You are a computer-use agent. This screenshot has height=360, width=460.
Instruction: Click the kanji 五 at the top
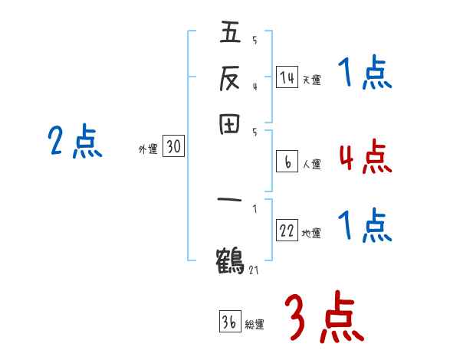(230, 34)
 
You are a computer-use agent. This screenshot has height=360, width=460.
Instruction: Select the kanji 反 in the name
(230, 78)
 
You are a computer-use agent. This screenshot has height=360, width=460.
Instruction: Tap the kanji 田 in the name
(230, 125)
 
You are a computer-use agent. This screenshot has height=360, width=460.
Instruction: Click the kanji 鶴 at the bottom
(230, 259)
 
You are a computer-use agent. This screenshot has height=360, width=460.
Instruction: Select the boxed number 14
(287, 77)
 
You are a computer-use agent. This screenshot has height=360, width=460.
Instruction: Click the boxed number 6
(287, 162)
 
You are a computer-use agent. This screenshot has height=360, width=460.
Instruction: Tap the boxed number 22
(287, 231)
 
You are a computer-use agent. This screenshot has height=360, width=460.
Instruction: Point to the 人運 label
(311, 164)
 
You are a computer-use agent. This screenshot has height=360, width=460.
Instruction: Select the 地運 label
(311, 234)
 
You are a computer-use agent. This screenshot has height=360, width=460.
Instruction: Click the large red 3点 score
(323, 317)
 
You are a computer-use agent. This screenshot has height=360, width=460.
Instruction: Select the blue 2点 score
(74, 142)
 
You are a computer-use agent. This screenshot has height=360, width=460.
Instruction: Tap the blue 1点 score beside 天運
(364, 74)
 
